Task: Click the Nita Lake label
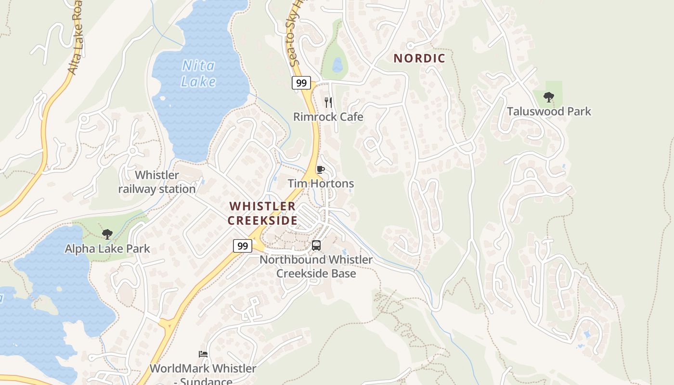[198, 73]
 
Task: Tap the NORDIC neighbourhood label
[419, 59]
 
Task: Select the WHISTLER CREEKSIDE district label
[262, 213]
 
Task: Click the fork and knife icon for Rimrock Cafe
[328, 102]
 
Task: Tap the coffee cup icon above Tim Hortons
[320, 169]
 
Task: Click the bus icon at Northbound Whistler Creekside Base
[316, 245]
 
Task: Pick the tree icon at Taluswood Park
[548, 98]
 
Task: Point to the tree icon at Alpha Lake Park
[107, 234]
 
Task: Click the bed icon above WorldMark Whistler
[203, 354]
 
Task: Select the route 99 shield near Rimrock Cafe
[301, 83]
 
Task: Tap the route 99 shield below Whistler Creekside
[243, 246]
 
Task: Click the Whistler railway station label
[157, 182]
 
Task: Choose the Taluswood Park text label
[549, 112]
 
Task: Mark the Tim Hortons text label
[321, 183]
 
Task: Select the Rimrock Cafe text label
[328, 117]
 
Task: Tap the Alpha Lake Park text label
[107, 249]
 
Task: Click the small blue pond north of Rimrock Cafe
[338, 64]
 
